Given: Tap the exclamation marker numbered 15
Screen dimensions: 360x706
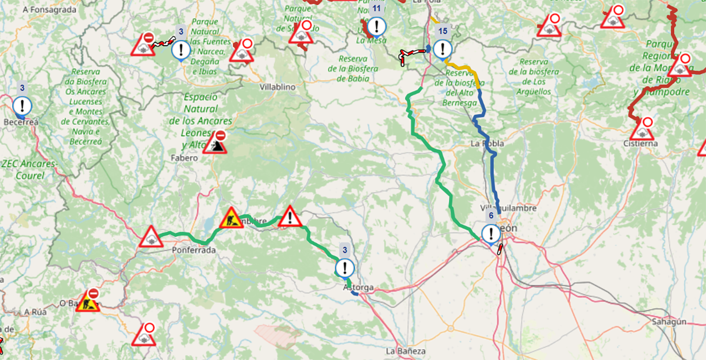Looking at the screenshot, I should pos(442,49).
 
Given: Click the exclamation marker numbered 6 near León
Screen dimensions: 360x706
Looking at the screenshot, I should pos(491,233).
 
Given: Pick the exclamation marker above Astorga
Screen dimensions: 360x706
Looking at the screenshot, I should pos(345,268).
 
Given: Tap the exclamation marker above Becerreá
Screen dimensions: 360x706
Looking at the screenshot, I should pos(22,106).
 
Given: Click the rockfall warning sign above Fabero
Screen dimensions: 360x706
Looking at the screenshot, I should pos(215,143).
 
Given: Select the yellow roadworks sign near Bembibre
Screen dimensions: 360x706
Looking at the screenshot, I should pos(231,219).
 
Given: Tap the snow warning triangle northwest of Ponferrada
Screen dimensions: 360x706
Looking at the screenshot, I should pos(151,237).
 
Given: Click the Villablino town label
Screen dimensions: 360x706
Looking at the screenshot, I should pos(277,87).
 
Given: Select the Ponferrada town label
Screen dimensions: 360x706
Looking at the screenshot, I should pos(194,250).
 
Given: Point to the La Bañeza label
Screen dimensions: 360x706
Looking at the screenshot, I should pos(405,351).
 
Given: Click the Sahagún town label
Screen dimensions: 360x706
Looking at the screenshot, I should pos(669,322).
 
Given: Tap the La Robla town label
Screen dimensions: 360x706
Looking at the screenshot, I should pos(487,144).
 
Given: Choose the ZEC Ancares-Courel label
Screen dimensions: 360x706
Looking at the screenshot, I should pos(29,169).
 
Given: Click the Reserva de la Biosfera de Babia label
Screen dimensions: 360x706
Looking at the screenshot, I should pos(353,68).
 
